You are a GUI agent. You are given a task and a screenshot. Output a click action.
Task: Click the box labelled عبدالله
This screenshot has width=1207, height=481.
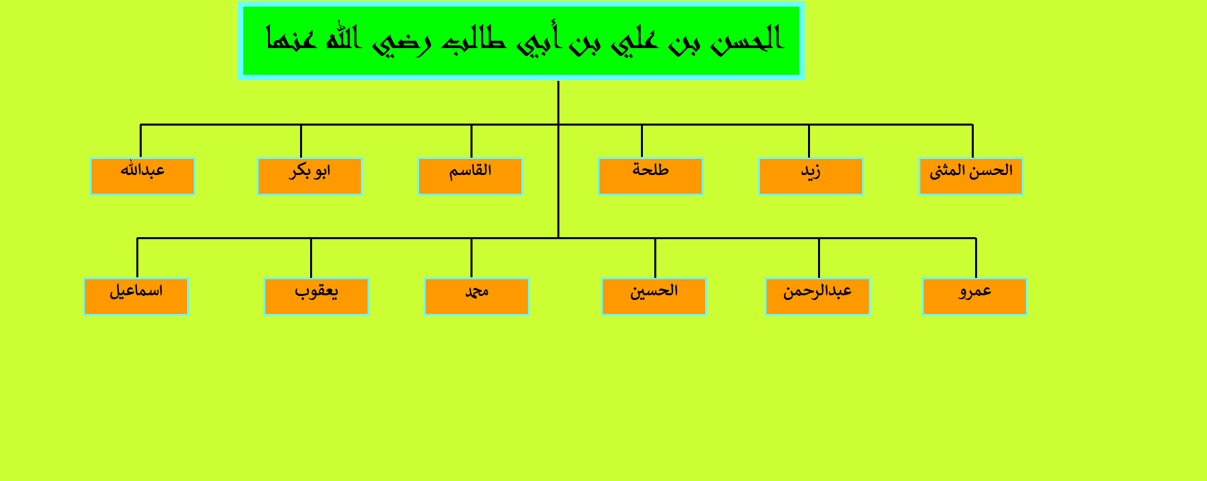pos(142,176)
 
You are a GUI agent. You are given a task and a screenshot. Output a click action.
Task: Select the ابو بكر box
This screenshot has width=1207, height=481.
pos(309,176)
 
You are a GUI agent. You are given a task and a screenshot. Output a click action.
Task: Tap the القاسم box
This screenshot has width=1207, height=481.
pos(470,176)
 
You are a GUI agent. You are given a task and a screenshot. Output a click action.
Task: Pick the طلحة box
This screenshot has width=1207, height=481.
pos(650,176)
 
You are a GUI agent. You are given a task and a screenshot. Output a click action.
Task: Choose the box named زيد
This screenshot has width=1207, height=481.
pos(811,176)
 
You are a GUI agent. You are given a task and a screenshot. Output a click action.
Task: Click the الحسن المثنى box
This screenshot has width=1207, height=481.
pos(971,176)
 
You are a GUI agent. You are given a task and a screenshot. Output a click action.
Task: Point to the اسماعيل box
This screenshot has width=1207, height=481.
pos(136,297)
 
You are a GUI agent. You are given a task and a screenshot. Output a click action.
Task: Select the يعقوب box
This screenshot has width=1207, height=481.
pos(316,297)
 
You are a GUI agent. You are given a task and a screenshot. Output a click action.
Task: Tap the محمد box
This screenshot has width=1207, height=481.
pos(477,297)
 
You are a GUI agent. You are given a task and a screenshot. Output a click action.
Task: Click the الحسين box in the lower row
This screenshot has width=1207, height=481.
pos(654,297)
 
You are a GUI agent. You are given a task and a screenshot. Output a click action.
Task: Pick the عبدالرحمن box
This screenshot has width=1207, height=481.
pos(817,297)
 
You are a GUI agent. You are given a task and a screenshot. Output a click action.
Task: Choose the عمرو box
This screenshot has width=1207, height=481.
pos(974,297)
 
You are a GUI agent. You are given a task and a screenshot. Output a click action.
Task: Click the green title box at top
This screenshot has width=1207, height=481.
pos(521,41)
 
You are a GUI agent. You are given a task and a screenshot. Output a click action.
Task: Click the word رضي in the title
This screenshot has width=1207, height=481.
pos(402,41)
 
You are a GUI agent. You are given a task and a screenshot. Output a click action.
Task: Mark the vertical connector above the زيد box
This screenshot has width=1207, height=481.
pos(809,141)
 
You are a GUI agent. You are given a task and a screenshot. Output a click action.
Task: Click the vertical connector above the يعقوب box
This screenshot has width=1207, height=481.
pos(311,258)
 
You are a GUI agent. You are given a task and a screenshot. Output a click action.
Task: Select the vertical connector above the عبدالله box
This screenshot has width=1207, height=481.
pos(140,141)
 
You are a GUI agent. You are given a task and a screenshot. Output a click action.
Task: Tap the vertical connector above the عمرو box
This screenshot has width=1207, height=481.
pos(976,258)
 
